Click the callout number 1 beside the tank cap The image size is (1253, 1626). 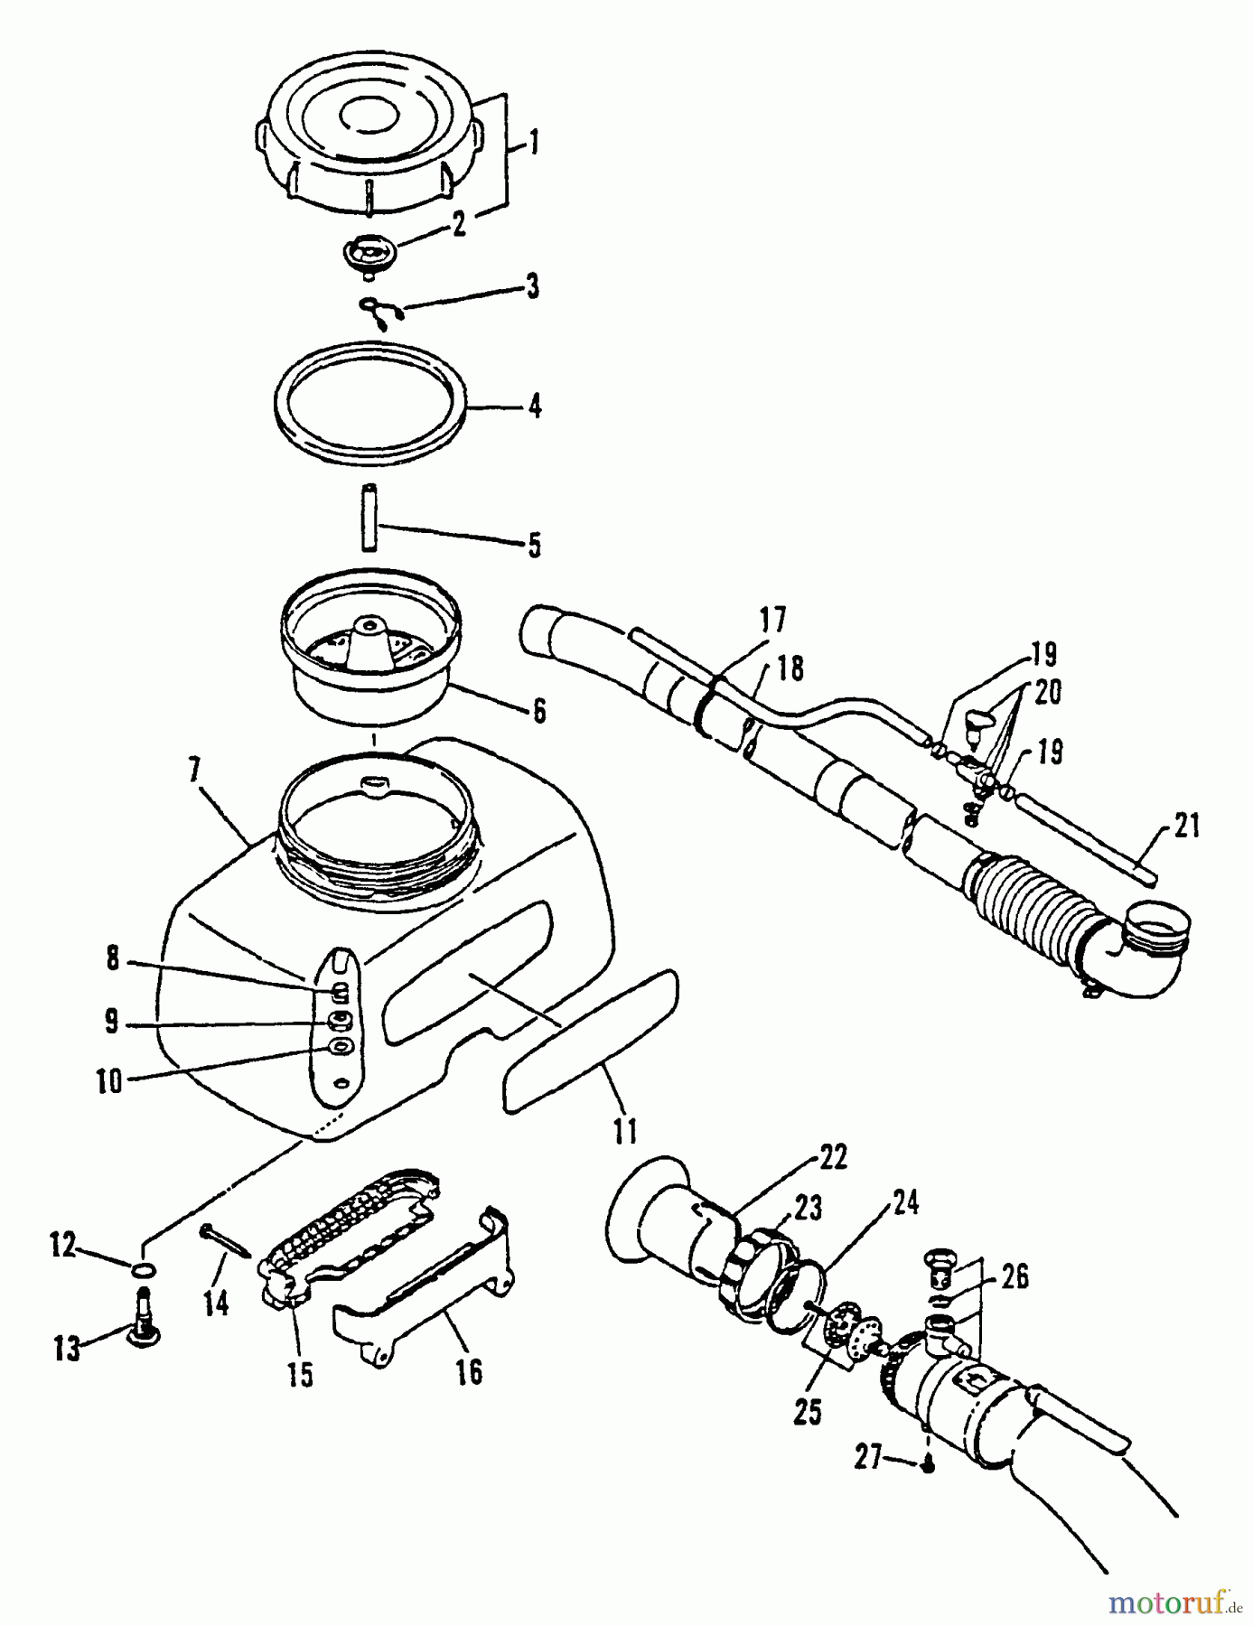[x=534, y=143]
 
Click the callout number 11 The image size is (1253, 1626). [x=625, y=1131]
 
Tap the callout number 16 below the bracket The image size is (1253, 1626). [x=469, y=1372]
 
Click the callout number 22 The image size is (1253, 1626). [x=833, y=1158]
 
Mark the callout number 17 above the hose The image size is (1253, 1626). [x=773, y=621]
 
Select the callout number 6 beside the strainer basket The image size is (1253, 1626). [x=538, y=711]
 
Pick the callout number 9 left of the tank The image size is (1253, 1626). [x=111, y=1022]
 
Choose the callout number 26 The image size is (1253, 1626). [x=1015, y=1278]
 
